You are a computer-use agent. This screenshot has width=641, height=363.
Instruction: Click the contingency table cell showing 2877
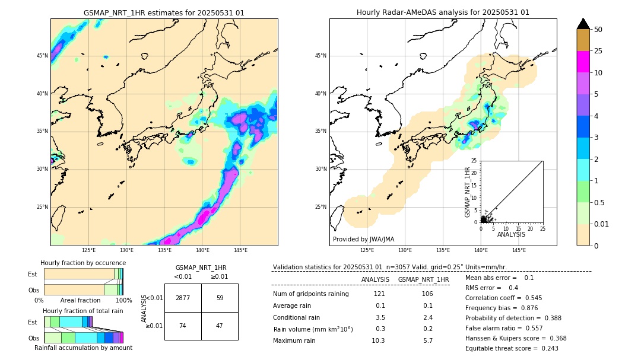point(183,298)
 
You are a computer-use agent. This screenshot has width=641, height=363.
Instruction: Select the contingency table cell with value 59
point(220,298)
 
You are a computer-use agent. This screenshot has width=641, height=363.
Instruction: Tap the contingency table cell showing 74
point(183,326)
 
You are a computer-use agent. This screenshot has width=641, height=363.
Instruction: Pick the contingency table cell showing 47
point(220,326)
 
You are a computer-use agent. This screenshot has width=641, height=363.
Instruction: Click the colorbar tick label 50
point(598,30)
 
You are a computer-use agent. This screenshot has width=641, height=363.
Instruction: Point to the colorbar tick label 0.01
point(602,224)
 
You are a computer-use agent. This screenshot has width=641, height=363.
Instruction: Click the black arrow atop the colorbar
point(583,24)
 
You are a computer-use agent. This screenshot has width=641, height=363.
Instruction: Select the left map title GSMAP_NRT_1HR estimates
point(164,12)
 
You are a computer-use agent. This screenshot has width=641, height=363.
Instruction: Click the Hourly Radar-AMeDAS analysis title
point(443,12)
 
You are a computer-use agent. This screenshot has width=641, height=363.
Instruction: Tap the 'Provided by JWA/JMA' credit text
point(363,240)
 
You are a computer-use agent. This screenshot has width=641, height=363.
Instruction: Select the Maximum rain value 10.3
point(378,340)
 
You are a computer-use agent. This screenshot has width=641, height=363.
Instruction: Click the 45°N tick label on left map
point(42,56)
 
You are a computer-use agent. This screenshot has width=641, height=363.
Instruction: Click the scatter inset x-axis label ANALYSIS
point(511,234)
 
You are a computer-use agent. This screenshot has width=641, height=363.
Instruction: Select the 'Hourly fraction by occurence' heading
point(83,263)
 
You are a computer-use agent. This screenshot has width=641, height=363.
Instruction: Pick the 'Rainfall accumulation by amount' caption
point(83,348)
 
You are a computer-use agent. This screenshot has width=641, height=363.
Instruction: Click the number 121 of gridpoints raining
point(380,294)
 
